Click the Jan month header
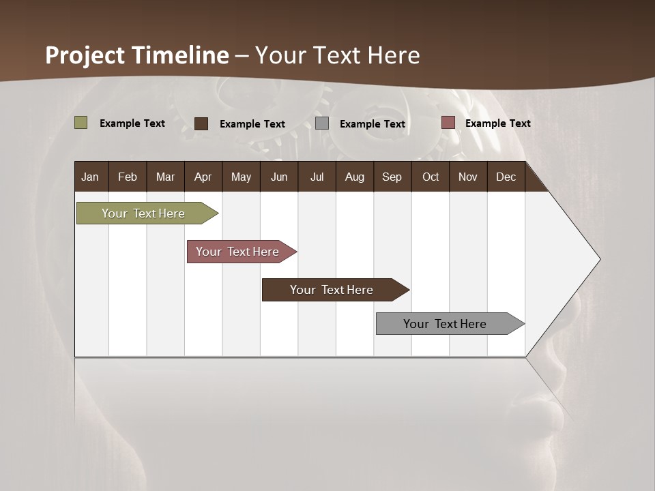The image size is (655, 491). click(90, 177)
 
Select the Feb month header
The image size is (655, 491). click(128, 177)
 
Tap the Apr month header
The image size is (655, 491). click(203, 177)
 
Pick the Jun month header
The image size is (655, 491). click(279, 177)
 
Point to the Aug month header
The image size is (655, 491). click(354, 177)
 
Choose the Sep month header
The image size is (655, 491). click(392, 177)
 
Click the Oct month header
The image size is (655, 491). click(431, 177)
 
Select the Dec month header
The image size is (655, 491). click(506, 177)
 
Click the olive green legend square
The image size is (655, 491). click(81, 123)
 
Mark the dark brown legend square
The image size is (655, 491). click(201, 123)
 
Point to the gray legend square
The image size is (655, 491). click(322, 123)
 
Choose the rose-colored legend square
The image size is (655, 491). click(448, 123)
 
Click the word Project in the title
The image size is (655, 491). click(85, 55)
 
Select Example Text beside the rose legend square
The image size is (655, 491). click(497, 123)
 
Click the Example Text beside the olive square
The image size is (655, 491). click(132, 123)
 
